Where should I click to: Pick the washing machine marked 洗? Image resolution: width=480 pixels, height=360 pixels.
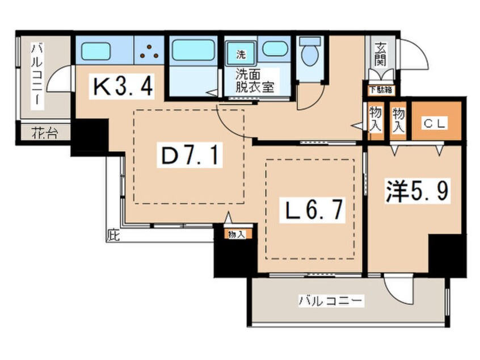(x=241, y=55)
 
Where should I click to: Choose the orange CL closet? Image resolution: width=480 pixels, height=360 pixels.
(x=433, y=122)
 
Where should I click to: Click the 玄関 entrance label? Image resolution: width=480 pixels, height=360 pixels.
(x=378, y=55)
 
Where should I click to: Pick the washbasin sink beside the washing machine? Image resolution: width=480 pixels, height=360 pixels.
(x=275, y=50)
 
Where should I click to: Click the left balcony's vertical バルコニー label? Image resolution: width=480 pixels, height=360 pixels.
(x=36, y=74)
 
